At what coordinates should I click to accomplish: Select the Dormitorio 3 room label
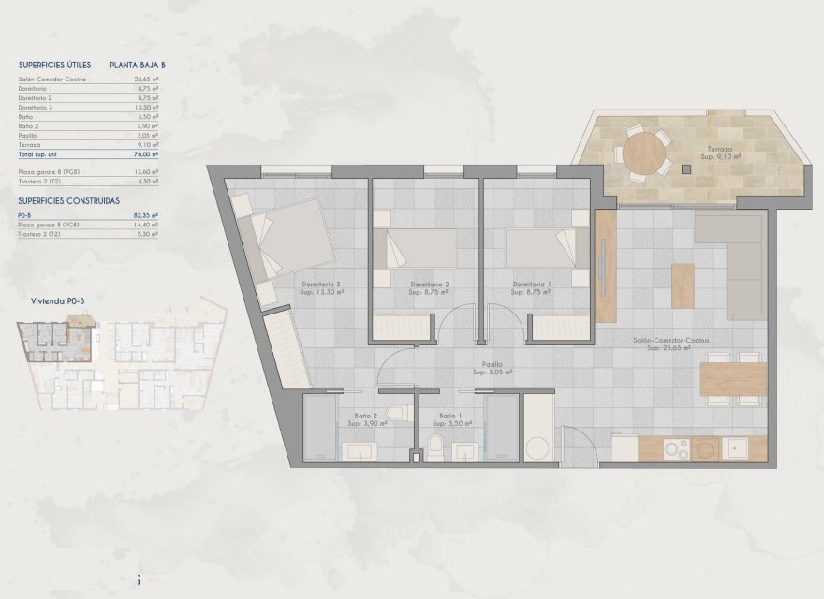(320, 287)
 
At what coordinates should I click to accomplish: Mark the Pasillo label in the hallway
(493, 367)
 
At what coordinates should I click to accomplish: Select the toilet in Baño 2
(396, 413)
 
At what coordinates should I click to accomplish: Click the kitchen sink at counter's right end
(739, 449)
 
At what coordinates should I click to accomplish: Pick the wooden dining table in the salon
(733, 378)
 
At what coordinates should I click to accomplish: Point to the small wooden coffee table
(683, 285)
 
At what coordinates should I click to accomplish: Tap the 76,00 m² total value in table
(146, 153)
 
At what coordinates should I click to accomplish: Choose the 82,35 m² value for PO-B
(146, 215)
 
